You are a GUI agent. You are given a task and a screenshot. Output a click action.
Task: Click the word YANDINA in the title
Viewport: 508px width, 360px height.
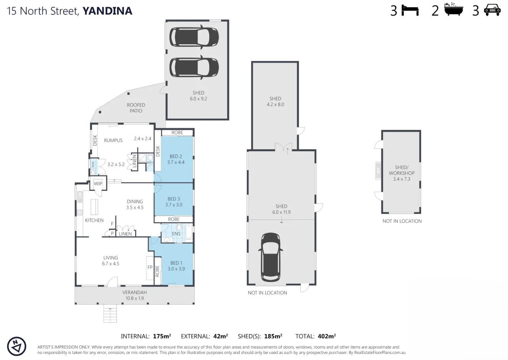click(x=107, y=11)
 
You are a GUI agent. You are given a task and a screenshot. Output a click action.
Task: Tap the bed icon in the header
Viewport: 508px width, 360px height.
click(x=410, y=11)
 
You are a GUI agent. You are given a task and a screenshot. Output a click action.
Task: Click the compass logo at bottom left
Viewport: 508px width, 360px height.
click(x=16, y=346)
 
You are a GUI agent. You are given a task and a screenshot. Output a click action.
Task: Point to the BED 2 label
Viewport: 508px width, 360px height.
click(x=176, y=156)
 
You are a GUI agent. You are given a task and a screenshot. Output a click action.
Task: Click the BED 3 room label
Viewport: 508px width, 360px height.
click(x=174, y=199)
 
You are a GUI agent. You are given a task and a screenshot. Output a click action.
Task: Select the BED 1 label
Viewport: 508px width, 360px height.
click(x=176, y=263)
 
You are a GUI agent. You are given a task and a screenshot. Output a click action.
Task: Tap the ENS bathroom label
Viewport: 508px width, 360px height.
click(x=176, y=234)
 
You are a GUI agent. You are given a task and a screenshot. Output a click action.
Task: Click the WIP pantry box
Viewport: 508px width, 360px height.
click(x=98, y=184)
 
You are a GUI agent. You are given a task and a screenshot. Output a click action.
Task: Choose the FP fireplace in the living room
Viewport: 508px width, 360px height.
click(x=150, y=267)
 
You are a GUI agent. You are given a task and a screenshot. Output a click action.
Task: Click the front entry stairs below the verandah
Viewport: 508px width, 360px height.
click(x=110, y=315)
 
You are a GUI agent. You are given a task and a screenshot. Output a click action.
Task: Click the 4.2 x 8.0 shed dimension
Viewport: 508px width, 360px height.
click(x=275, y=104)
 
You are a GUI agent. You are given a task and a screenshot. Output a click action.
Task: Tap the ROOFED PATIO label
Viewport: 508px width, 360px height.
click(x=136, y=108)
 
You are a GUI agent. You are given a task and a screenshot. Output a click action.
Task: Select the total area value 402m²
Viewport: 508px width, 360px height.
click(x=326, y=336)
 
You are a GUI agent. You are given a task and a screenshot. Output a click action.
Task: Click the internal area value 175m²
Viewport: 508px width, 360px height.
click(x=162, y=336)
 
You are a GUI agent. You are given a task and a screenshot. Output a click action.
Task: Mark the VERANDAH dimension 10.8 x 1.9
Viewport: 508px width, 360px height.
click(x=134, y=298)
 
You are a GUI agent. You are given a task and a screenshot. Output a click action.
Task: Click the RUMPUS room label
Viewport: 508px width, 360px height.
click(x=113, y=140)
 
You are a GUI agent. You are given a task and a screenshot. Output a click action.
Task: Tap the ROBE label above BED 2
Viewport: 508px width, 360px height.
click(x=177, y=132)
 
